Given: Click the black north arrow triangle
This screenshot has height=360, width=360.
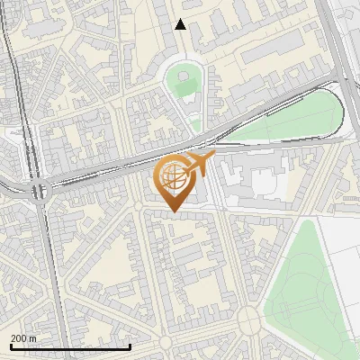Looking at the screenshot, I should [181, 24].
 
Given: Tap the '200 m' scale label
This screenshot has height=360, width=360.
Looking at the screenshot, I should [23, 337].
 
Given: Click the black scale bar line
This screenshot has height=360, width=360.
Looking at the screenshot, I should [70, 346].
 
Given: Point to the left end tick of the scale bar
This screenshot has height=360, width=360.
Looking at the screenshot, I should [10, 345].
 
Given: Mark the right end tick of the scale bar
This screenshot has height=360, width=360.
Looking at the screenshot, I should [130, 345].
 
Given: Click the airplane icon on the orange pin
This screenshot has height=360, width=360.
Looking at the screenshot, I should [200, 164].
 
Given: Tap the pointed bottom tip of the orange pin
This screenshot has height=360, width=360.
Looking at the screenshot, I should [175, 211].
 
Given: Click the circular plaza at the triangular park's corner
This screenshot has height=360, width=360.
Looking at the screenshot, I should [248, 318].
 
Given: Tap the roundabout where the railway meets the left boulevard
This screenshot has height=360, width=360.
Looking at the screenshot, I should [38, 191].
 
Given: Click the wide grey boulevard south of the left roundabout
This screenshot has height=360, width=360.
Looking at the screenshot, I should [52, 270].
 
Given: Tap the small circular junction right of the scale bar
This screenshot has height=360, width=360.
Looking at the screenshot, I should [165, 345].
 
